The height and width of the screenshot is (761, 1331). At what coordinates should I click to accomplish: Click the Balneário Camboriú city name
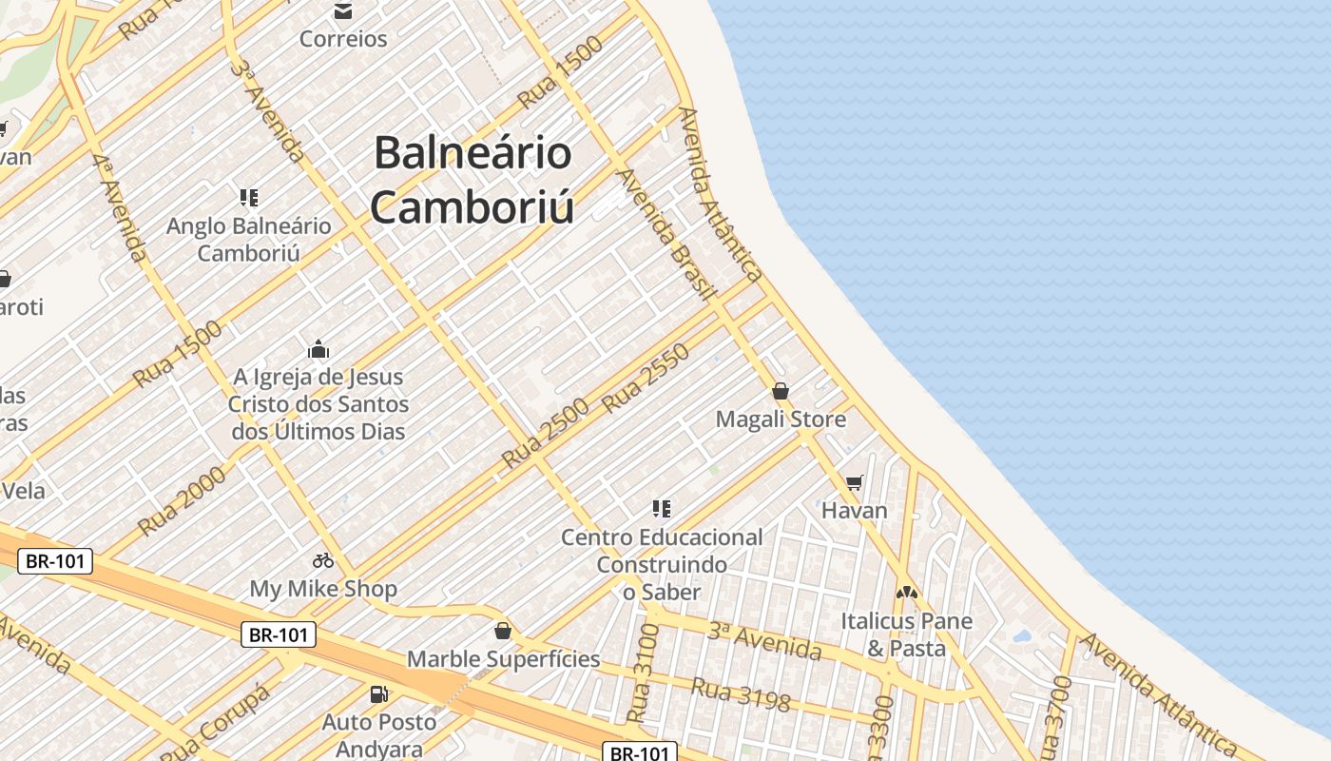click(x=473, y=179)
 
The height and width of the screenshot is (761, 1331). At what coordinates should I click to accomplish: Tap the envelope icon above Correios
click(x=342, y=11)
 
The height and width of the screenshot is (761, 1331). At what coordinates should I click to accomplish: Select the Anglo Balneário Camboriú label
click(x=249, y=239)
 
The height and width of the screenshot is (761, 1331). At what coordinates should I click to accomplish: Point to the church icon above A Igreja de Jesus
click(x=318, y=349)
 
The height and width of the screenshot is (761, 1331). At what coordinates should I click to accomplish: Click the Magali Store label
click(x=781, y=419)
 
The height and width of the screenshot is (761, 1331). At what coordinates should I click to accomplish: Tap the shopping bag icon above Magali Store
click(x=781, y=391)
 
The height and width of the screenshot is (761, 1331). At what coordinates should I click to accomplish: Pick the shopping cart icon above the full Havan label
click(x=854, y=483)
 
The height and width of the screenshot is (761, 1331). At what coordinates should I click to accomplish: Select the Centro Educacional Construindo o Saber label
click(x=661, y=564)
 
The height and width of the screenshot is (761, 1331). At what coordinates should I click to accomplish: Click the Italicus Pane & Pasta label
click(x=906, y=634)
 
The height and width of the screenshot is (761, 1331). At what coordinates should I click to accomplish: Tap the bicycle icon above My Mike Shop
click(x=323, y=560)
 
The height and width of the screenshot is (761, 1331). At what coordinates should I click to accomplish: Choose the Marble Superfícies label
click(x=503, y=658)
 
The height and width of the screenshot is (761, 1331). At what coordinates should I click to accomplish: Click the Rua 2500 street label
click(x=545, y=433)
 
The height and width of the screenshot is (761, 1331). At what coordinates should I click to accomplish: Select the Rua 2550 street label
click(x=646, y=378)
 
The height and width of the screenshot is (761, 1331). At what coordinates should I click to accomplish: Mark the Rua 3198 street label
click(x=741, y=694)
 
